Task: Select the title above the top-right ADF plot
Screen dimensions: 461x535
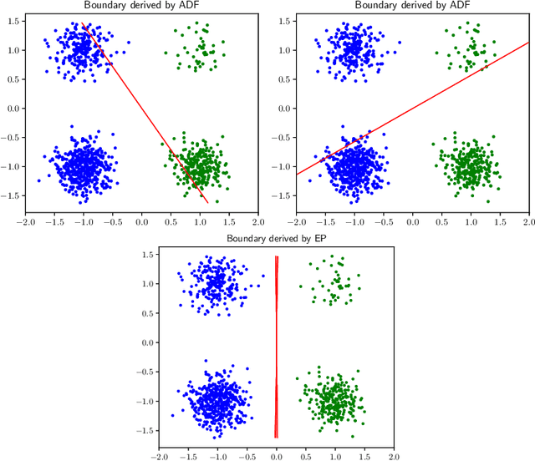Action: (x=413, y=5)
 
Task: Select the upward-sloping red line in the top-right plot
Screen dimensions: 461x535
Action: (x=413, y=109)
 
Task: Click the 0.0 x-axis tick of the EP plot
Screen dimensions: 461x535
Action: (x=276, y=457)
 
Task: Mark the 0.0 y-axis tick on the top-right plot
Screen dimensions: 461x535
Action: (x=283, y=109)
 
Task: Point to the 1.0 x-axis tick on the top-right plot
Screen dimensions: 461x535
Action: (x=471, y=223)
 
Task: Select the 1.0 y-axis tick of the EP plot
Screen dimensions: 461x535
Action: (x=146, y=284)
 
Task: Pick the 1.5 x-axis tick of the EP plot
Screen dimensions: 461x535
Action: (x=364, y=457)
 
